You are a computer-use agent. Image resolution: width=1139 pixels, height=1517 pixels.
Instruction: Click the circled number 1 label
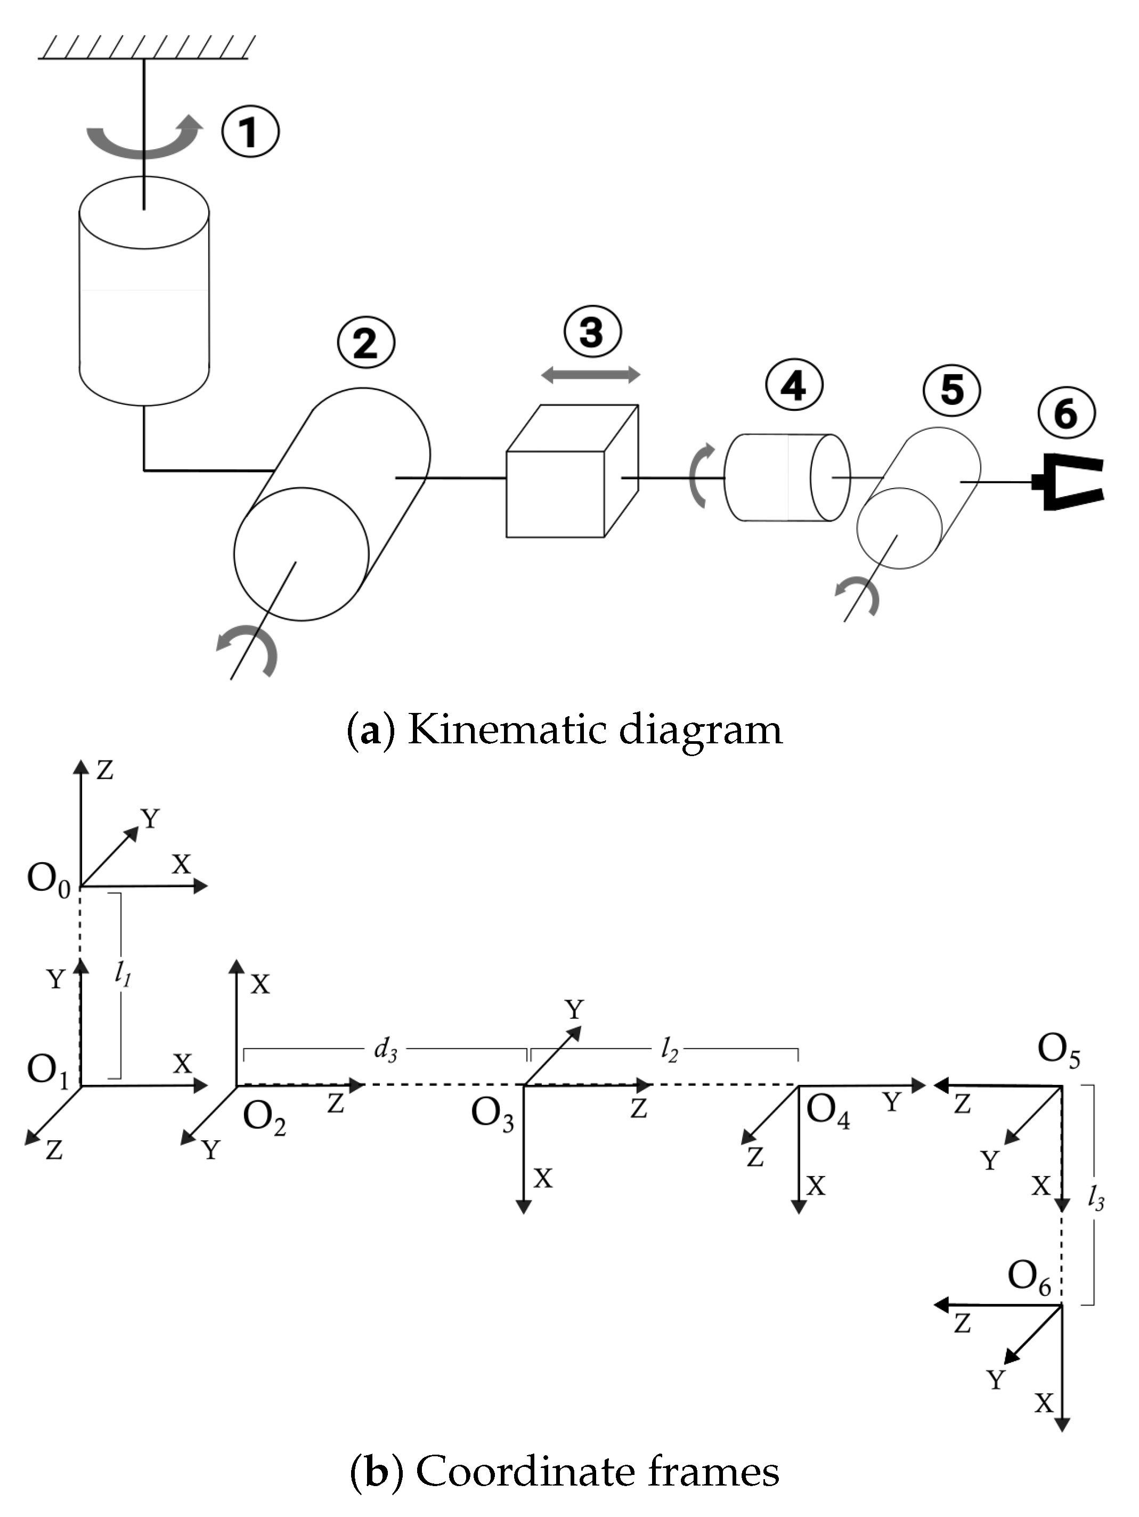(250, 131)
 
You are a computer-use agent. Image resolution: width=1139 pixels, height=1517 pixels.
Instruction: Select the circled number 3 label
(592, 332)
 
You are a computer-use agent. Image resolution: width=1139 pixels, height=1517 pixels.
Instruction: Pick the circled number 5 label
(952, 390)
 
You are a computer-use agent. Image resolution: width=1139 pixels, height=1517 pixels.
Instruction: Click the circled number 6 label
(1065, 413)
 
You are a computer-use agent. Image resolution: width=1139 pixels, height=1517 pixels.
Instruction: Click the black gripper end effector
(1070, 482)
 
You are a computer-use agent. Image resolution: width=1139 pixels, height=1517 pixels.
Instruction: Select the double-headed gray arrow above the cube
(590, 375)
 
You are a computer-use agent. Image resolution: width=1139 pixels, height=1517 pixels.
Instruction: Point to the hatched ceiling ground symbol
(145, 48)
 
